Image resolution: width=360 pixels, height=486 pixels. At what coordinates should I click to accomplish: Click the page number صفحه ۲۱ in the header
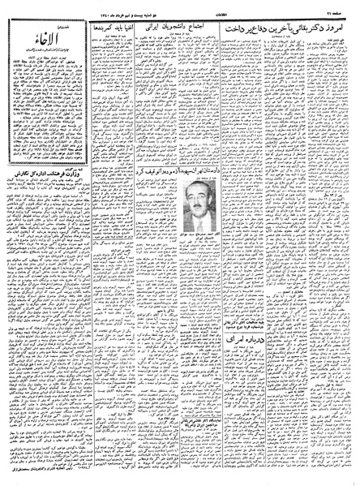(x=335, y=9)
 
